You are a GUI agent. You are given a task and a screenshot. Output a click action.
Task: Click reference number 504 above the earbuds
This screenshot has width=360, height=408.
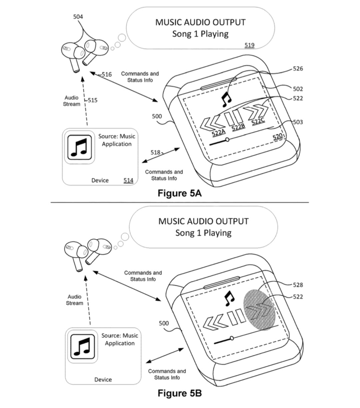78,17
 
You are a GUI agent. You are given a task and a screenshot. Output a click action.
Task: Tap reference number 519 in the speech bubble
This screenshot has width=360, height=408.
249,45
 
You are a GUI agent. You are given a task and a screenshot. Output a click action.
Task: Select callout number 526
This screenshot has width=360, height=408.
298,69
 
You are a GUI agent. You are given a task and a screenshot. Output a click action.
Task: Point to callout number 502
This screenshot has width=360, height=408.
298,89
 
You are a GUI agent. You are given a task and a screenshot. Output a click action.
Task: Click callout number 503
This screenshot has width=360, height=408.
298,122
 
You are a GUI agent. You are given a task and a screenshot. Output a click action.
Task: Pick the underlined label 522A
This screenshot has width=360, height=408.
219,133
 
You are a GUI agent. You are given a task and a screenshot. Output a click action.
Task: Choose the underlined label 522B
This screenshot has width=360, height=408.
238,127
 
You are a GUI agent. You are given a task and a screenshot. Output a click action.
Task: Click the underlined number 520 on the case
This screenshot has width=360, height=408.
278,137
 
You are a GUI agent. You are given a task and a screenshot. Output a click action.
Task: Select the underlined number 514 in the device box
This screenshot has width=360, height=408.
128,180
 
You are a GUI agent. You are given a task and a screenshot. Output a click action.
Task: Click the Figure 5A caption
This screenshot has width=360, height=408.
179,193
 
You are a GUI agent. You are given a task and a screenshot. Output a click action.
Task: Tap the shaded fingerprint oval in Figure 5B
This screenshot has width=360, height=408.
259,310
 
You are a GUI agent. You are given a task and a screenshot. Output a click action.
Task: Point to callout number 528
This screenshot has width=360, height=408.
298,285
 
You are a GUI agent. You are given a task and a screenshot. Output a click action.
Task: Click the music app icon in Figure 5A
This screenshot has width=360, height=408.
80,147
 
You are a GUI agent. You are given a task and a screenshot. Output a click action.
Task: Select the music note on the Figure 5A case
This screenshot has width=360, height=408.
226,99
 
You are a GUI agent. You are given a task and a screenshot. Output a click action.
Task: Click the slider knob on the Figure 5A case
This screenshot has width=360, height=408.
227,139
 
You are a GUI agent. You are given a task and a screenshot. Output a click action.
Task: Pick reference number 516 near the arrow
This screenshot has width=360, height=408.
107,75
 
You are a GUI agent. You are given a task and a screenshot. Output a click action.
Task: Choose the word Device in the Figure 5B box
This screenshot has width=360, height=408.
103,380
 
